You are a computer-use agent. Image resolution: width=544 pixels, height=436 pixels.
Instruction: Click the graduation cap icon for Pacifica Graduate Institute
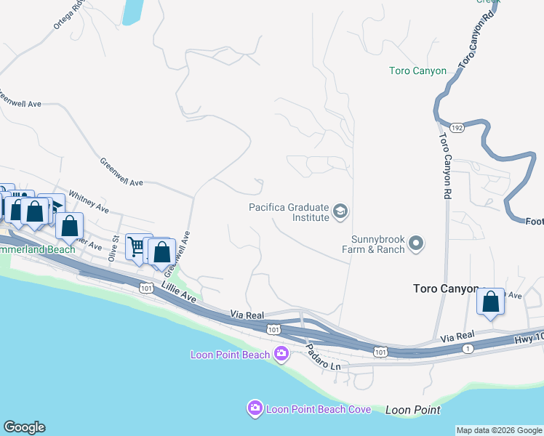pos(340,211)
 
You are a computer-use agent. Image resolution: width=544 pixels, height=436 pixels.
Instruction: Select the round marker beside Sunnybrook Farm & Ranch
pos(416,243)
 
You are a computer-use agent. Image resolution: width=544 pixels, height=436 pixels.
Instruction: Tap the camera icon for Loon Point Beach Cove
pos(255,409)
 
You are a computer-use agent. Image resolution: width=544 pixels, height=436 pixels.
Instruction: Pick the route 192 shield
pos(457,127)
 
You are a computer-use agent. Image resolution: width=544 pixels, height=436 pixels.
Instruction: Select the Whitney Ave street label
pos(88,202)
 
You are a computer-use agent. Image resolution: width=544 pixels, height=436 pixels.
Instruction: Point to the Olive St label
pos(113,248)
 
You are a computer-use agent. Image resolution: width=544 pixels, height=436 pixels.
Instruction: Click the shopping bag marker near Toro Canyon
pos(490,301)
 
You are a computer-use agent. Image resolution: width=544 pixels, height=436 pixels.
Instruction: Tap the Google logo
pos(24,427)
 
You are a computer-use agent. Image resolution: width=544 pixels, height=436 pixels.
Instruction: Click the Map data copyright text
pos(499,430)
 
